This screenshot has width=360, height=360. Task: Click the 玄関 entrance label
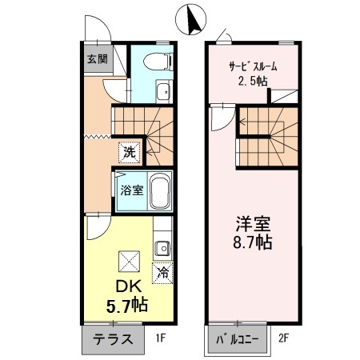[x=97, y=58]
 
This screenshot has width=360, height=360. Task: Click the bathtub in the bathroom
[x=159, y=191]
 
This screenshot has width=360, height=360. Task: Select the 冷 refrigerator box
[x=162, y=272]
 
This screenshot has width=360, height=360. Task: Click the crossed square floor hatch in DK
[x=128, y=261]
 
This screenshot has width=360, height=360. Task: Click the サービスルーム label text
[x=252, y=67]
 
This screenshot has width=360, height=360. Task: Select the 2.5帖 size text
[x=253, y=82]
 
